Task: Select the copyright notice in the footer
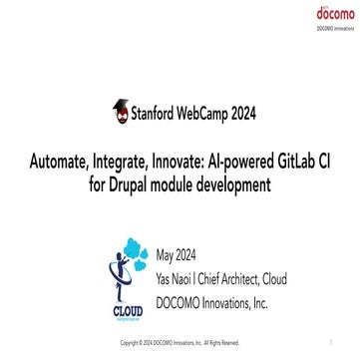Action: click(x=180, y=342)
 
